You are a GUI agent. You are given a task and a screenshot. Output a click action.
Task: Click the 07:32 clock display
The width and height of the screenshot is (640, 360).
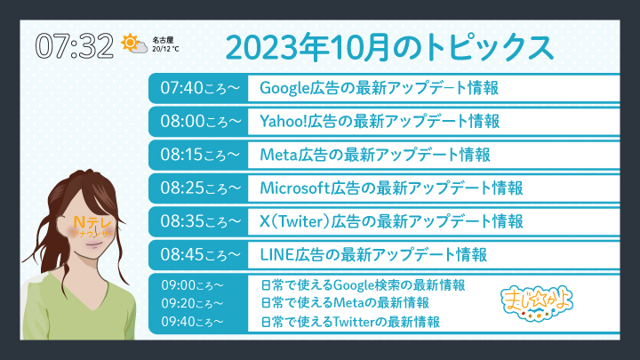tap(75, 45)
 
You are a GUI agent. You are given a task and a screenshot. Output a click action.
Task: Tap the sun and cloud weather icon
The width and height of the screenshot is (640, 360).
tap(134, 44)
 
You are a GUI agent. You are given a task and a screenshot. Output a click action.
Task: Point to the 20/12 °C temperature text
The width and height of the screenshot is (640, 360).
tap(165, 49)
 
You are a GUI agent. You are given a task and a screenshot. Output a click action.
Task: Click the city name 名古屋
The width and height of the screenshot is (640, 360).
tap(163, 40)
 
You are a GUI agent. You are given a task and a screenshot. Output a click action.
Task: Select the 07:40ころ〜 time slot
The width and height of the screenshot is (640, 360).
tap(200, 88)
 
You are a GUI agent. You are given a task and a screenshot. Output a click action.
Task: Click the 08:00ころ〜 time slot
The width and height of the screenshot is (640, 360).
tap(200, 121)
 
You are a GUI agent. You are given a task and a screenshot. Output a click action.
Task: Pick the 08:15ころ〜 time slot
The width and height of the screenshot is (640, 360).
tap(200, 155)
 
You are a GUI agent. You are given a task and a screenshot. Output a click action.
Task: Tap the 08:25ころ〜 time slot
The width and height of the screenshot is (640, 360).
tap(200, 188)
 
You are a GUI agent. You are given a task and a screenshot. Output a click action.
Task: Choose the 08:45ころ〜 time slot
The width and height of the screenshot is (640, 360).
tap(200, 255)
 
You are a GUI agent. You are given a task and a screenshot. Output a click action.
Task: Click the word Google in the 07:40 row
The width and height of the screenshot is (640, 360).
tap(284, 88)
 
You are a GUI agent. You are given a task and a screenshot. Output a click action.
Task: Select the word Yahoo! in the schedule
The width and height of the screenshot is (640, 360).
tap(284, 121)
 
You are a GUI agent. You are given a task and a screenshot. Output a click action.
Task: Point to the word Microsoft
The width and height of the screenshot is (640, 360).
tap(295, 188)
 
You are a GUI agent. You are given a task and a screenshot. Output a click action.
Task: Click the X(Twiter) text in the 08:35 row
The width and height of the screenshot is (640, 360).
tap(294, 221)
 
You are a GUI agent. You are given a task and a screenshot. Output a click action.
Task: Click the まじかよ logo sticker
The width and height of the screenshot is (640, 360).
tap(537, 304)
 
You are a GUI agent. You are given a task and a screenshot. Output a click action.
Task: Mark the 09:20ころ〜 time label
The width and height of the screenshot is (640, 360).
tap(192, 303)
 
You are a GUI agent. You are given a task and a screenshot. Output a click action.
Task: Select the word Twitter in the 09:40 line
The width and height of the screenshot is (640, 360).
tap(354, 322)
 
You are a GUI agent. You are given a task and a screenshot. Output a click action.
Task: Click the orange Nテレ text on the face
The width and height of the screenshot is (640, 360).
tap(92, 222)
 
